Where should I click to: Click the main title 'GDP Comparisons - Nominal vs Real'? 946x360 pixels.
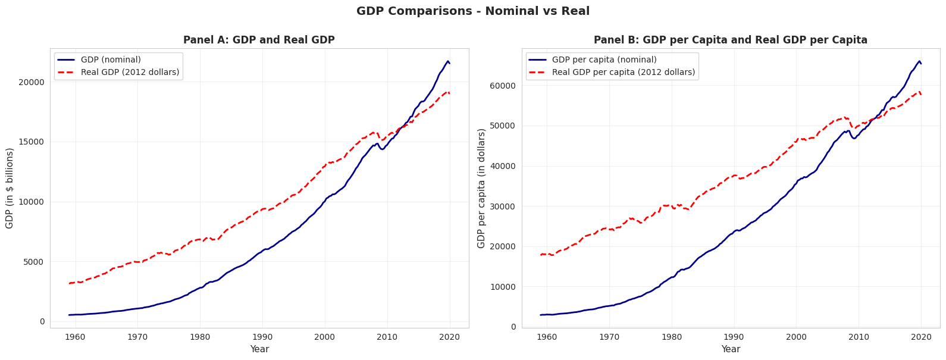(x=473, y=11)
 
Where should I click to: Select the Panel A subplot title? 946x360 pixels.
(x=259, y=40)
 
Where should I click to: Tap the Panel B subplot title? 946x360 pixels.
(x=730, y=40)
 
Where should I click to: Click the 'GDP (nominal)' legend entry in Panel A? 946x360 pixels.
(x=111, y=60)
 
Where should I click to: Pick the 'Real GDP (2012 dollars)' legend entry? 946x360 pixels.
(x=130, y=73)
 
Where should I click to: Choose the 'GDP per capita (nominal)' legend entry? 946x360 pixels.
(x=604, y=60)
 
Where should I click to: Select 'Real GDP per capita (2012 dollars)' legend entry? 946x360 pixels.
(x=623, y=73)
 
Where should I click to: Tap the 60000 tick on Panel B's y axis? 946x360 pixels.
(x=503, y=86)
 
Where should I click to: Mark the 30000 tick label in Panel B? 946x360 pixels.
(x=503, y=206)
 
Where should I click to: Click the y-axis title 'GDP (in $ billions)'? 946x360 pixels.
(x=10, y=188)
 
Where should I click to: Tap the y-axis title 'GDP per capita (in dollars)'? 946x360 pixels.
(x=481, y=188)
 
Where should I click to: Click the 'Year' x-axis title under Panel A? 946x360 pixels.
(x=259, y=349)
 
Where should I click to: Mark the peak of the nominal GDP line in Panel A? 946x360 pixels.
(x=448, y=61)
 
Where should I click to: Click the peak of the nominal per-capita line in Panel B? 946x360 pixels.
(x=919, y=61)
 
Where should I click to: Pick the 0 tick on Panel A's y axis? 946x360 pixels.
(x=42, y=321)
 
